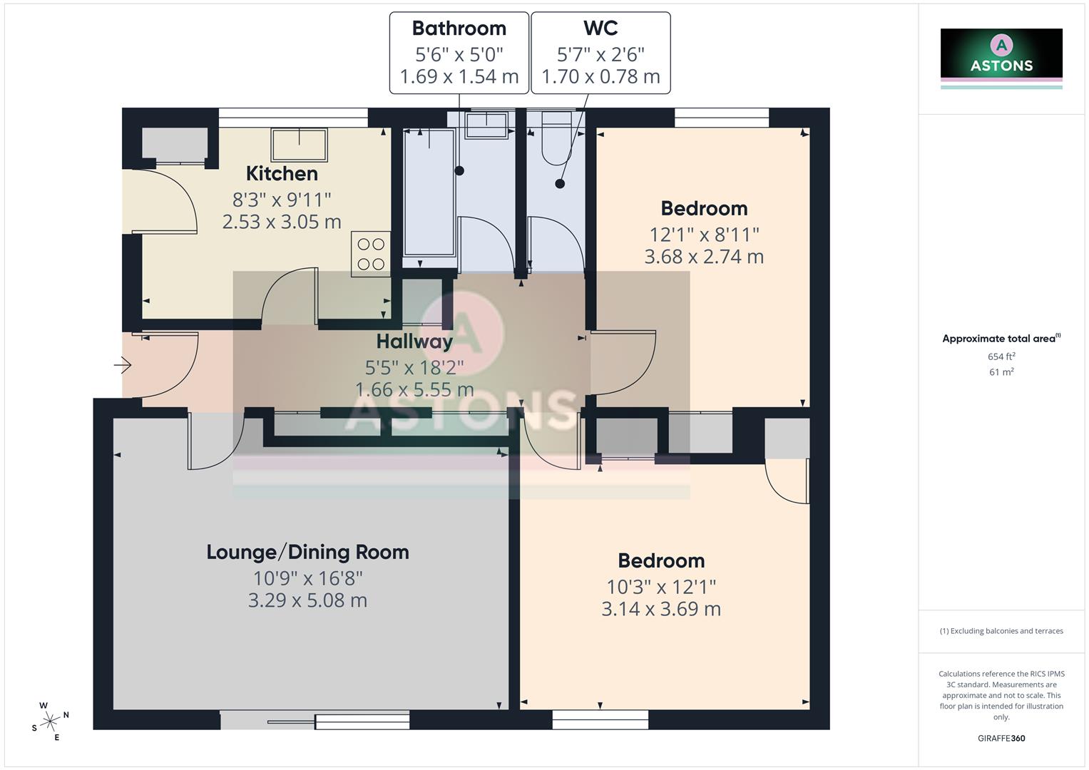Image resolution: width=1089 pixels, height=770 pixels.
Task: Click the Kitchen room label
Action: [282, 173]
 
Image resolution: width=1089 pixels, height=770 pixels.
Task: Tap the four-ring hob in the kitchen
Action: [371, 254]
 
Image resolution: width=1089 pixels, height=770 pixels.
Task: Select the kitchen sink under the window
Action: [299, 145]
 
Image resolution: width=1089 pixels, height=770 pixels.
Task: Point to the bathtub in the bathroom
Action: [429, 192]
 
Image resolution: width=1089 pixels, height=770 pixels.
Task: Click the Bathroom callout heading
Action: [459, 29]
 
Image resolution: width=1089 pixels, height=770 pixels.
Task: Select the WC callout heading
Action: [600, 29]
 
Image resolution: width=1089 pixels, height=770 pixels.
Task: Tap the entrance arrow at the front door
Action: [123, 366]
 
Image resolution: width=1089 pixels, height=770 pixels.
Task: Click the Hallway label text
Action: [414, 342]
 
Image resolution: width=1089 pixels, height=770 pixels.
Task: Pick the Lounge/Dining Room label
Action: [307, 553]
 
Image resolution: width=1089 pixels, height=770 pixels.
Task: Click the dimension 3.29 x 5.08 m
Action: [307, 600]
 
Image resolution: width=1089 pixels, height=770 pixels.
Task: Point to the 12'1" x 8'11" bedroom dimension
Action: [704, 234]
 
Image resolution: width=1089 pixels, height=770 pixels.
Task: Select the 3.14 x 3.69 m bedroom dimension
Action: [661, 609]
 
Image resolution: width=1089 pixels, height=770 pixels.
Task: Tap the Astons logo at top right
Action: [1001, 57]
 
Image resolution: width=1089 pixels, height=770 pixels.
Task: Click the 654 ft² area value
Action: [1001, 356]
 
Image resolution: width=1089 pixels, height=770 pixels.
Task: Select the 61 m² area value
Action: [1001, 372]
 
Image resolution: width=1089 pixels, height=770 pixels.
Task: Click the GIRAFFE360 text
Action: [1001, 739]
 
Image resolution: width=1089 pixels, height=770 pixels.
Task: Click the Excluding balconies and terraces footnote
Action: [1001, 631]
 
